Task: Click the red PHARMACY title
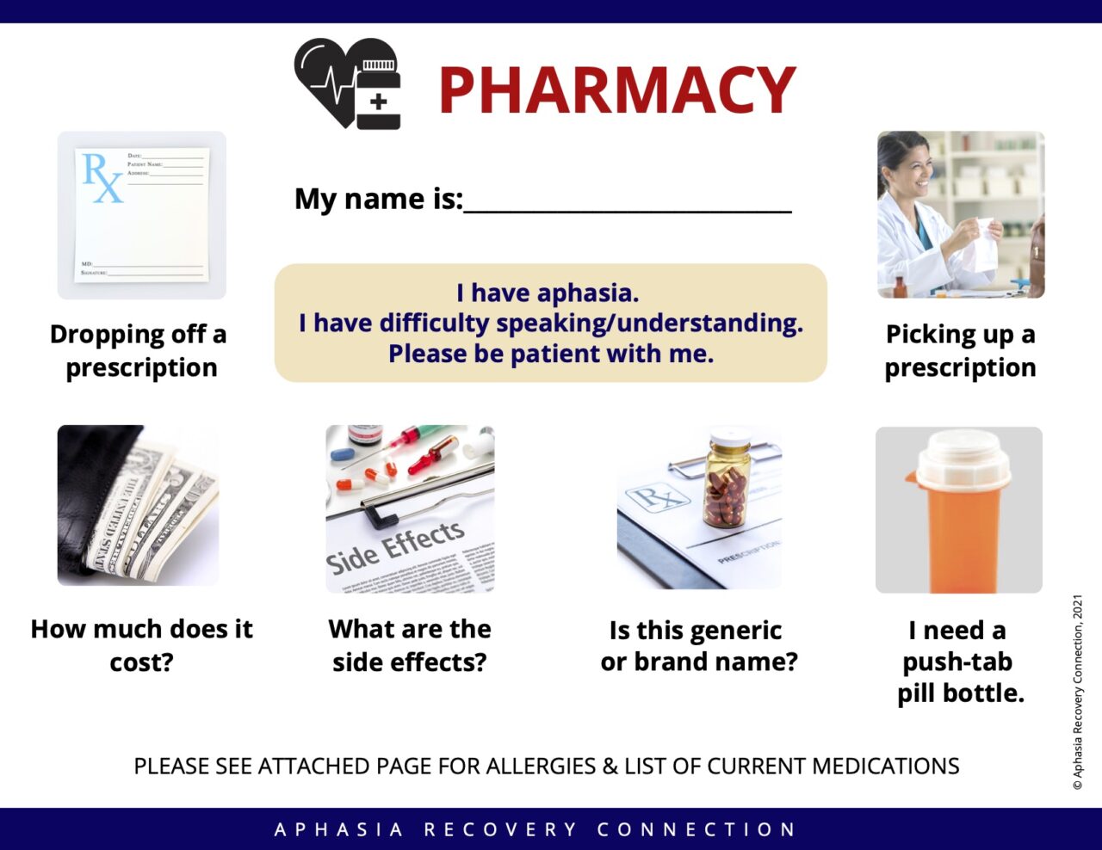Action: point(616,89)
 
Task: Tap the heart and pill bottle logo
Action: point(348,83)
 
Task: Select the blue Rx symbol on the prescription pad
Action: point(102,176)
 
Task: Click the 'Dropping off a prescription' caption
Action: point(139,350)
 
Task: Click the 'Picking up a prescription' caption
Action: point(960,350)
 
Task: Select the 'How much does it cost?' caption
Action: point(141,645)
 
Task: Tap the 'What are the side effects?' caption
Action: point(410,645)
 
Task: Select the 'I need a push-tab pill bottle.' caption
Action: point(959,661)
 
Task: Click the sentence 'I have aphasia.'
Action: point(548,293)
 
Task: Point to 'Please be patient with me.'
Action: point(551,354)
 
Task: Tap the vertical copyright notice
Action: point(1077,692)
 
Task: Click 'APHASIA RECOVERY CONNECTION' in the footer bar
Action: point(536,829)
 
